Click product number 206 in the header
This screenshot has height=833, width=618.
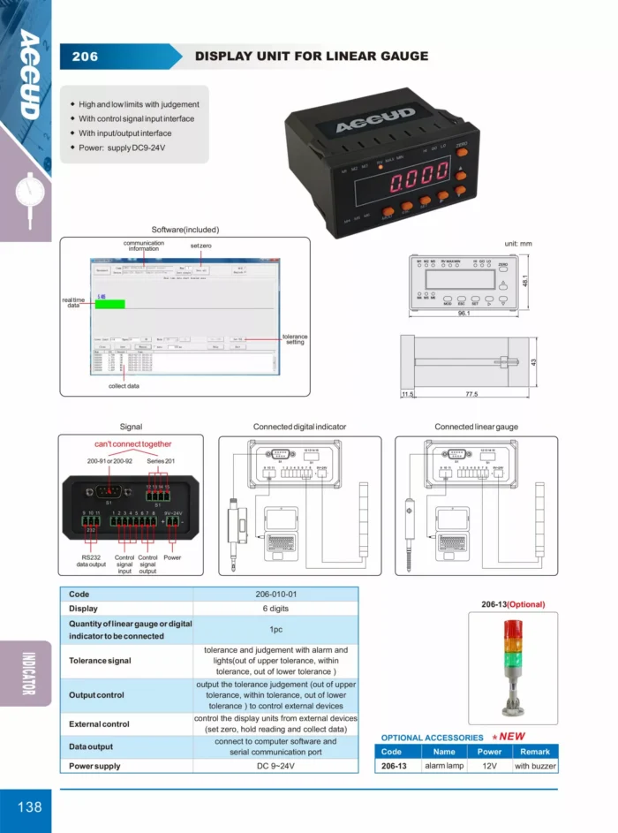86,57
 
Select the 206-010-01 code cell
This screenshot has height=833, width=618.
275,594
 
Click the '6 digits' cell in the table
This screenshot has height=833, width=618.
275,609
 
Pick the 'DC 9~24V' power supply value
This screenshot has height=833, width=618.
275,766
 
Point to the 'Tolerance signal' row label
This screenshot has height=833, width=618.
100,660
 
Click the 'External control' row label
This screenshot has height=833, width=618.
99,723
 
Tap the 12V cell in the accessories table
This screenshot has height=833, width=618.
489,766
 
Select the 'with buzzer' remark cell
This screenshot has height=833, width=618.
535,766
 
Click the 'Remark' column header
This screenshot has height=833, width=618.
535,752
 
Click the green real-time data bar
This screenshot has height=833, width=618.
110,304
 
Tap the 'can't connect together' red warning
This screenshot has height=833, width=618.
132,444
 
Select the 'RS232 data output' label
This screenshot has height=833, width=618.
90,561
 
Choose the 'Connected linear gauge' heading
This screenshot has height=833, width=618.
476,427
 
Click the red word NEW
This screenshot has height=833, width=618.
512,736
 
